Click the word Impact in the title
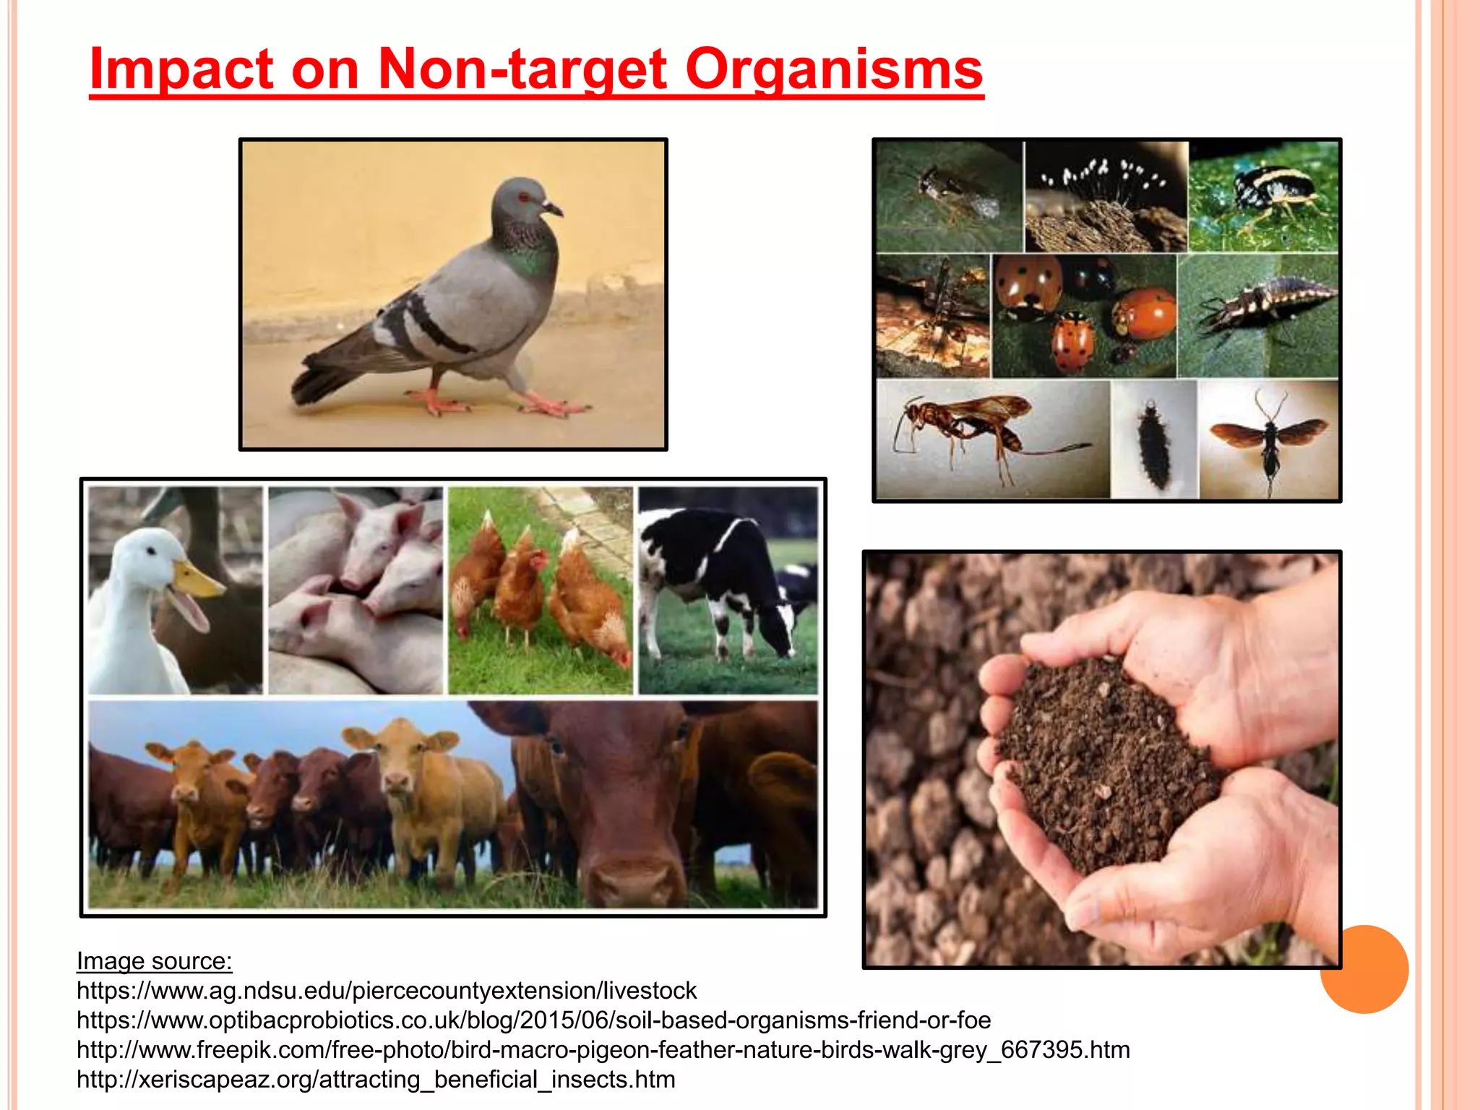(x=181, y=69)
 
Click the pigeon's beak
(x=552, y=210)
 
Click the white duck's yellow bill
(x=197, y=578)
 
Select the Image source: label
(x=154, y=961)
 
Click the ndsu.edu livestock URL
(x=387, y=990)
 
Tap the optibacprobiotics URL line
(x=533, y=1020)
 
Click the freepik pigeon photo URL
(x=603, y=1049)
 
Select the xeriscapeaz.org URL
(x=376, y=1079)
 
